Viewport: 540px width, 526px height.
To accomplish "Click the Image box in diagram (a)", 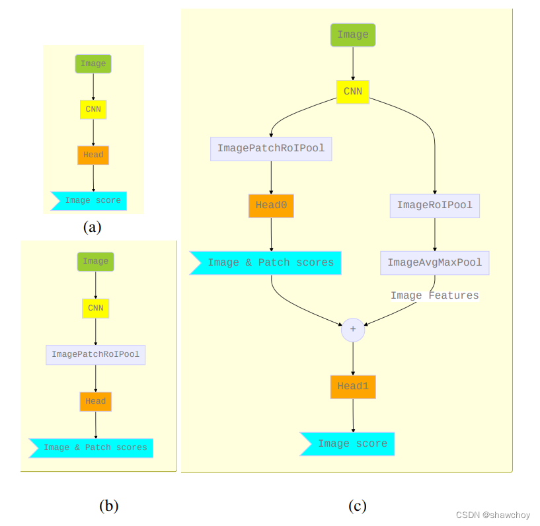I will (x=93, y=64).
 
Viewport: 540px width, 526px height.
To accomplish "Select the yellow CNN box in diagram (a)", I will (x=93, y=110).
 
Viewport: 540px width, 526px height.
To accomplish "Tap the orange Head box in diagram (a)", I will (x=93, y=155).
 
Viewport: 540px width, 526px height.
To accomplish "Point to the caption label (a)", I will (x=92, y=227).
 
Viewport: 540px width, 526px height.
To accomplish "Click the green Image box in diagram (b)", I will (x=95, y=262).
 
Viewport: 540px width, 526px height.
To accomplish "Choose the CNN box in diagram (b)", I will (x=95, y=308).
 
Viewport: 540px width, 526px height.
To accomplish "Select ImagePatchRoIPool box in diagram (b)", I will (x=95, y=354).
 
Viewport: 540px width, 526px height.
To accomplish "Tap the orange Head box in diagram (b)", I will (x=95, y=401).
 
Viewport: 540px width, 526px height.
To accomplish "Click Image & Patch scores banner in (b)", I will (x=93, y=448).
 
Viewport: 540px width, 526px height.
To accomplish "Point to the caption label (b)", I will (x=108, y=506).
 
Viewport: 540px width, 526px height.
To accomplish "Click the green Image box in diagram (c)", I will (x=353, y=35).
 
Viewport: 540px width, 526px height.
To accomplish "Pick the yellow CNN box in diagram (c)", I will (x=353, y=91).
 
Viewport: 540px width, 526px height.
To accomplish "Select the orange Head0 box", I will (x=271, y=206).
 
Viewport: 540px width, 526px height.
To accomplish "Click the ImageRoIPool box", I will (x=434, y=206).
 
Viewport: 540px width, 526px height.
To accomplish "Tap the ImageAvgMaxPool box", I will (x=434, y=263).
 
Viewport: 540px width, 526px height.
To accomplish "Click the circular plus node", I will (x=353, y=329).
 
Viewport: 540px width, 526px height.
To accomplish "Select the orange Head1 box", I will (x=353, y=387).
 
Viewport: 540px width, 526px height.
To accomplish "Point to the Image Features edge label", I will (x=434, y=295).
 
